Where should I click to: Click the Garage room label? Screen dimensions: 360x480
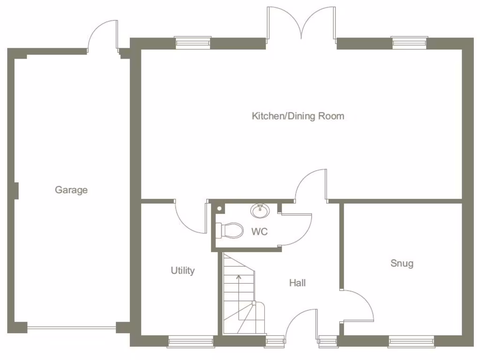(71, 190)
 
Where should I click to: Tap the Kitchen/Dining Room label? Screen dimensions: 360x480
(298, 116)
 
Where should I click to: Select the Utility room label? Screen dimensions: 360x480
(182, 270)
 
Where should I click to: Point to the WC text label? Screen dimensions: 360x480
(259, 232)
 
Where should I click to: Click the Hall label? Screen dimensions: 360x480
(297, 283)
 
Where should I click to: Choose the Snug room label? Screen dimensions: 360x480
(402, 263)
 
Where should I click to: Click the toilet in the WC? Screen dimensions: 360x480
(229, 230)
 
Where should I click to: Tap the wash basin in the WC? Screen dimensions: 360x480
(260, 211)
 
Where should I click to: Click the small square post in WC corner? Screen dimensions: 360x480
(219, 208)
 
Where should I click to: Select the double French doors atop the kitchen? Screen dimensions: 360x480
(301, 26)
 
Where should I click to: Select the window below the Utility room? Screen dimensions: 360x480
(191, 342)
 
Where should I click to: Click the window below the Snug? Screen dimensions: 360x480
(411, 342)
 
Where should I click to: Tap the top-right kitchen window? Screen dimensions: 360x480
(409, 43)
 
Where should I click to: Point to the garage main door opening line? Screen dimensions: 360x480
(71, 328)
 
